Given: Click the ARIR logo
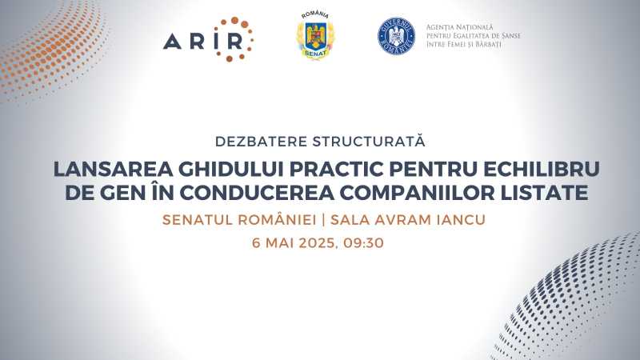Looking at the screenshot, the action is pyautogui.click(x=208, y=39).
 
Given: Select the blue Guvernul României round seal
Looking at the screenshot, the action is pyautogui.click(x=396, y=36).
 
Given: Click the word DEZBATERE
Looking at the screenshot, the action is pyautogui.click(x=262, y=142).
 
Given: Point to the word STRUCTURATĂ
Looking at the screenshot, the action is pyautogui.click(x=369, y=141).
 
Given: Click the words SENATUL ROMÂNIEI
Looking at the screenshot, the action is pyautogui.click(x=239, y=219).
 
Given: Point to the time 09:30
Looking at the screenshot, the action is pyautogui.click(x=363, y=243).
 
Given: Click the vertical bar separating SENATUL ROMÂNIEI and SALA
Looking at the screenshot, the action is pyautogui.click(x=323, y=220).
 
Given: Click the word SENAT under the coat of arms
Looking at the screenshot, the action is pyautogui.click(x=315, y=54).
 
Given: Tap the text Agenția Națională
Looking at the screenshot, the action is pyautogui.click(x=459, y=27).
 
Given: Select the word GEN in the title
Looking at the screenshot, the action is pyautogui.click(x=123, y=193).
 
